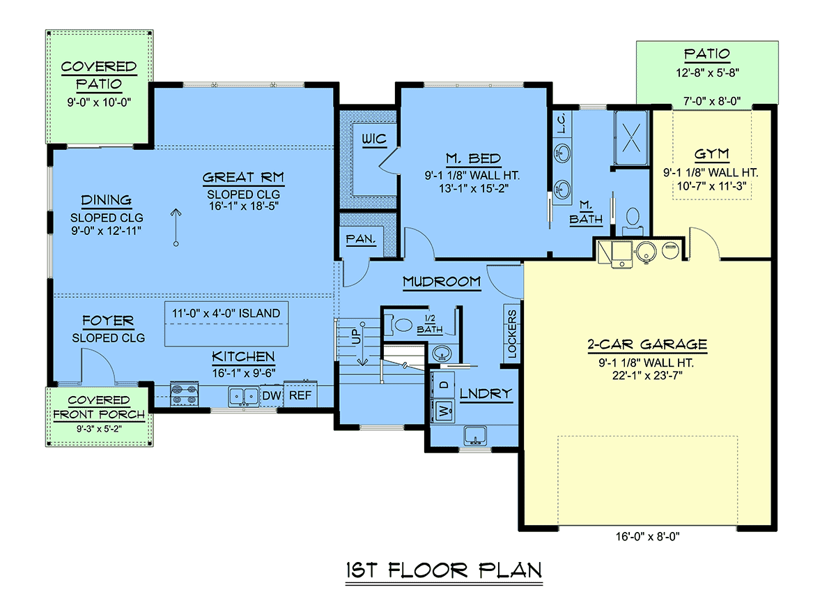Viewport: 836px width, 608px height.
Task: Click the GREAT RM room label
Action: tap(243, 177)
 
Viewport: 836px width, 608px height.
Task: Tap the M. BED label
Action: tap(473, 159)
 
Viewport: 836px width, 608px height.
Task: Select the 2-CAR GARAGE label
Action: tap(647, 344)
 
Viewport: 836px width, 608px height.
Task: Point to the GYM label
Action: tap(711, 154)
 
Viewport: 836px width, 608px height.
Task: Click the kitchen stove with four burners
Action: tap(185, 394)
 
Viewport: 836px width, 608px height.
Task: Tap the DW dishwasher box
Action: tap(271, 395)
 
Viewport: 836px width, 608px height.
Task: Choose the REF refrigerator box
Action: tap(300, 394)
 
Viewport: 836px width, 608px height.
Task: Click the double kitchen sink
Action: tap(244, 397)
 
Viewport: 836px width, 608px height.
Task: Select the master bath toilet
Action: tap(633, 222)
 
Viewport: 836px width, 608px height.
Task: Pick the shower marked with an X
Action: tap(631, 138)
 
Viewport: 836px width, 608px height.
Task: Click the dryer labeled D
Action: tap(443, 385)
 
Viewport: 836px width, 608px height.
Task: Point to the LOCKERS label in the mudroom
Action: tap(512, 333)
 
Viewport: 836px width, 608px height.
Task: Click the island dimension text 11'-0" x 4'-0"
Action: tap(226, 313)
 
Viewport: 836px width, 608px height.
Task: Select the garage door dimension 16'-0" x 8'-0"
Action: tap(647, 537)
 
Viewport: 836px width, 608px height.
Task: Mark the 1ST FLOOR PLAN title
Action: tap(444, 570)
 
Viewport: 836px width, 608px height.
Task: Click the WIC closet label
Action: tap(374, 139)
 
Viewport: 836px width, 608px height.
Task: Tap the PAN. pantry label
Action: tap(361, 239)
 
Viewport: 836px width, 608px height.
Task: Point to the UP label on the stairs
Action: tap(356, 336)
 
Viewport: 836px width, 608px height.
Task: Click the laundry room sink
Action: tap(475, 436)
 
